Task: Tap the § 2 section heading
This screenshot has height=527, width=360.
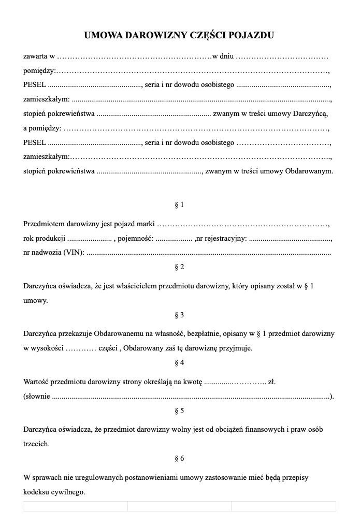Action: (x=180, y=267)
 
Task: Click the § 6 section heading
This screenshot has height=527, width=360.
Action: (x=180, y=458)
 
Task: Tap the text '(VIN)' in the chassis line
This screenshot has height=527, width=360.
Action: (x=74, y=253)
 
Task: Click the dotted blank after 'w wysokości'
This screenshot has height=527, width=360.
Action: (x=81, y=348)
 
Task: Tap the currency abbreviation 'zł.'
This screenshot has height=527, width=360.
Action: (x=271, y=382)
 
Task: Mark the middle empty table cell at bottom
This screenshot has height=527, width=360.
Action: (x=179, y=506)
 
